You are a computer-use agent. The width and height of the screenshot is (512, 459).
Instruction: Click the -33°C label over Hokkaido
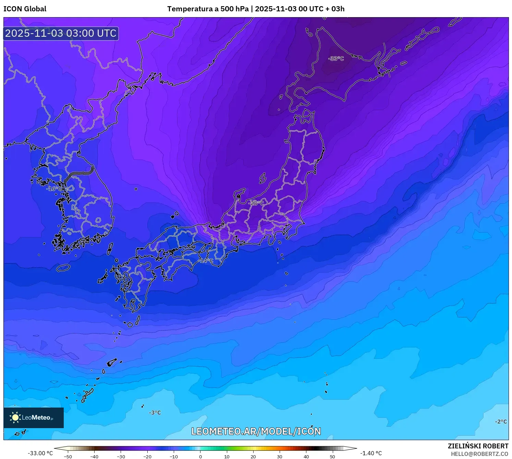[x=336, y=59]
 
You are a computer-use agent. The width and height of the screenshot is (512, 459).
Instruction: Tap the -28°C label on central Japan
[x=256, y=203]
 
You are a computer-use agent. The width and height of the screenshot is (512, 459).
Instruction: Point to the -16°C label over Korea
[x=54, y=189]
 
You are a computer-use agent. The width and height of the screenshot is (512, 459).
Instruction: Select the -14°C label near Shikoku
[x=206, y=261]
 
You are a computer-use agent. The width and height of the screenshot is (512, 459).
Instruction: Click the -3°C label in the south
[x=155, y=413]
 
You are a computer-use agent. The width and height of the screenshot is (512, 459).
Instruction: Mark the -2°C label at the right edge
[x=501, y=422]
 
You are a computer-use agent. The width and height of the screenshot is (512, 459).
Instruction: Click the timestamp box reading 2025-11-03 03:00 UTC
[x=61, y=33]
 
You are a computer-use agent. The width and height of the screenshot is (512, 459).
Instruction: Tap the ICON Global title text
[x=25, y=9]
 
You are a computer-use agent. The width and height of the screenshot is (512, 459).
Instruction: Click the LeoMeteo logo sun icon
[x=15, y=417]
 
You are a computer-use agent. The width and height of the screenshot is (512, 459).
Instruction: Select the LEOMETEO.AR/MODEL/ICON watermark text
[x=256, y=431]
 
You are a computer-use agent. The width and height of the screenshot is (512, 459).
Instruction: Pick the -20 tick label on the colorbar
[x=147, y=457]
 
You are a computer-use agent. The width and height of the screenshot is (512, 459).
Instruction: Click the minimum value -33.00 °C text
[x=40, y=453]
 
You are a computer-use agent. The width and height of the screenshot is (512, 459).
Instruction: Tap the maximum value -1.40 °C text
[x=371, y=453]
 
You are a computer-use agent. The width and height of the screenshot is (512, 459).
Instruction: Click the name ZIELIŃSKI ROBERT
[x=478, y=446]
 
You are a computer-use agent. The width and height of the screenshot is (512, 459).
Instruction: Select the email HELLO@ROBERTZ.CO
[x=479, y=454]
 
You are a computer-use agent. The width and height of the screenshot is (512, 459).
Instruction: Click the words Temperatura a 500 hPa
[x=208, y=9]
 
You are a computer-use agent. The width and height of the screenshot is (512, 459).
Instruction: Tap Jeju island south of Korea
[x=63, y=268]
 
